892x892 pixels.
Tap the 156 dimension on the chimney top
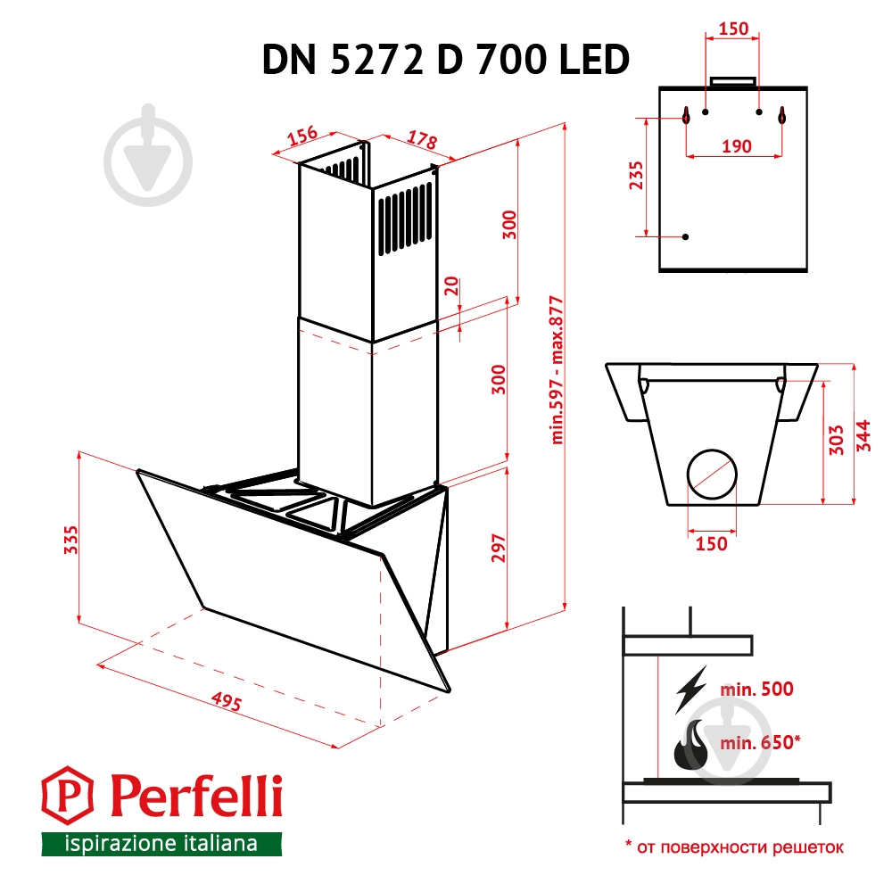tap(304, 136)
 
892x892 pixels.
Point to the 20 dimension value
tap(451, 287)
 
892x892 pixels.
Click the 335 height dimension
tap(71, 539)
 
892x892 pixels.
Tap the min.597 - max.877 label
tap(558, 369)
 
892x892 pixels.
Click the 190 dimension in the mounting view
tap(735, 146)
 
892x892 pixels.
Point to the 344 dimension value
tap(863, 434)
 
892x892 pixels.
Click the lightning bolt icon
tap(692, 688)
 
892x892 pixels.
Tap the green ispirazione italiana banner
tap(161, 843)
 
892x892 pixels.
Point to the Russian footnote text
tap(733, 847)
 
